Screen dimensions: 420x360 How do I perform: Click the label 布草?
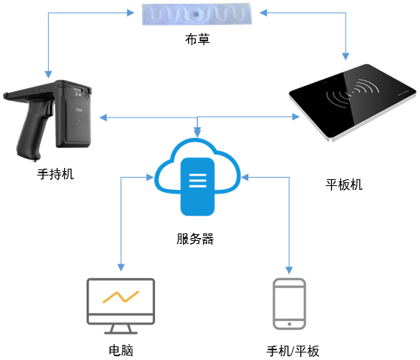click(x=197, y=39)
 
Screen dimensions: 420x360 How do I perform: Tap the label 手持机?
click(x=56, y=174)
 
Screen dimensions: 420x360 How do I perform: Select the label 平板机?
click(x=344, y=185)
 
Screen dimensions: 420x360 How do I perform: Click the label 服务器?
click(x=195, y=239)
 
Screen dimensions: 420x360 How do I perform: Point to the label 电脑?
click(x=120, y=350)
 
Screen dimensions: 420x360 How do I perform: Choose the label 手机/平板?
click(x=293, y=351)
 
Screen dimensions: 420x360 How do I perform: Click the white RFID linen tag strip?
click(x=197, y=14)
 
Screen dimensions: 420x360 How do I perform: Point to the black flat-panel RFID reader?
click(x=352, y=102)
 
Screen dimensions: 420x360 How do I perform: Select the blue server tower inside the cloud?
click(x=197, y=187)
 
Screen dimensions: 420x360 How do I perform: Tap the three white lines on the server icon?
click(x=198, y=181)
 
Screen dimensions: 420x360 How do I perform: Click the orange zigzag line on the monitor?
click(x=120, y=297)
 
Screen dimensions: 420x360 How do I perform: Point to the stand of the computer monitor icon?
click(x=120, y=329)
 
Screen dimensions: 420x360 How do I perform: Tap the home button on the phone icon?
click(x=289, y=324)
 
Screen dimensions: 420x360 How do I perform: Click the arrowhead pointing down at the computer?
click(x=121, y=267)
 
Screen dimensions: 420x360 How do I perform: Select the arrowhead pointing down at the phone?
click(x=289, y=270)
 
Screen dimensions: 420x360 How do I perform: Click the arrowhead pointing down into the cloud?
click(x=197, y=133)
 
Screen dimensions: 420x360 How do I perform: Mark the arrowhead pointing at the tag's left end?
click(x=130, y=13)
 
